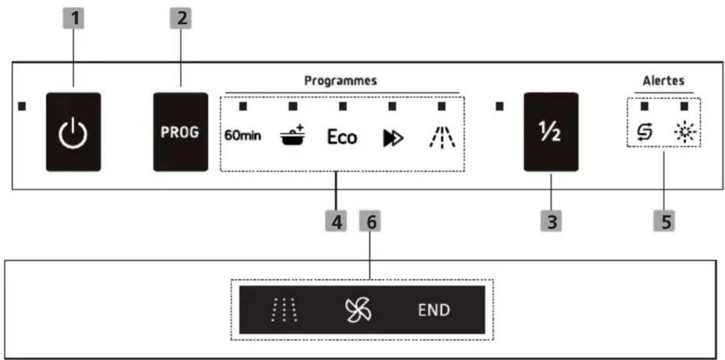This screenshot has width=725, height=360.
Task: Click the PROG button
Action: pos(181,132)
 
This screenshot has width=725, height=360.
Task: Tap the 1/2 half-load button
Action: pos(551,132)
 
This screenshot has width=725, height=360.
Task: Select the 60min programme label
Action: pos(243,135)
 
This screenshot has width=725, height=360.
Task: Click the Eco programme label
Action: pos(342,137)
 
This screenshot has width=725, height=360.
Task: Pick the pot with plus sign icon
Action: pos(292,135)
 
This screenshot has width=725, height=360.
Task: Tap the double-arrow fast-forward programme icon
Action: pos(393,138)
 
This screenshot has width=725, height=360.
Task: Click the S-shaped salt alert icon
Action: pos(644,132)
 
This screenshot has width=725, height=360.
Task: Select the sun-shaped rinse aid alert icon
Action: pos(685,132)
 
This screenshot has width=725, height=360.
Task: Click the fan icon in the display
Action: pos(358,310)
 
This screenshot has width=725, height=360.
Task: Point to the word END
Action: pos(434,310)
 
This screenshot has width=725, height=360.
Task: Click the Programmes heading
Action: pos(340,81)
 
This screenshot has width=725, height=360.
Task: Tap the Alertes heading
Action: pos(663,81)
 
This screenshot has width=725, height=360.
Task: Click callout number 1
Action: pos(73,19)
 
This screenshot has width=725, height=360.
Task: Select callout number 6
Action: pos(370,221)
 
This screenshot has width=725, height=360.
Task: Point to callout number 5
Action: pos(664,221)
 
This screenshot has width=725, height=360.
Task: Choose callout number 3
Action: pos(551,221)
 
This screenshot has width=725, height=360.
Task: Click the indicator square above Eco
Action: pos(343,106)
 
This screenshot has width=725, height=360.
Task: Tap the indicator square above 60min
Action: pos(243,106)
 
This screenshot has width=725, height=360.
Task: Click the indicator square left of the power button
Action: pos(22,106)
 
